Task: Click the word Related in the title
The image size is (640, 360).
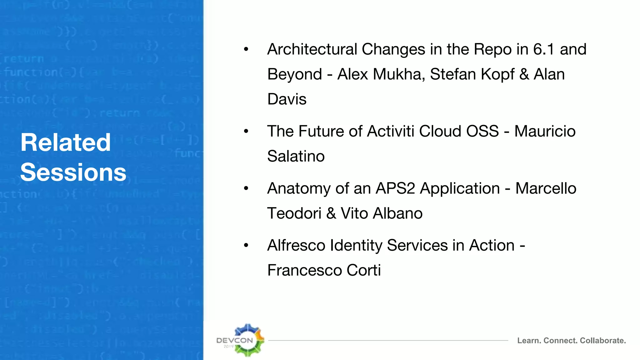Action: [x=66, y=142]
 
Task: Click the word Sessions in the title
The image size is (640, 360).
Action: [x=73, y=172]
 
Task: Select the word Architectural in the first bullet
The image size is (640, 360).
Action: [x=312, y=49]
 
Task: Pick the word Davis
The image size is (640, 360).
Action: [x=287, y=99]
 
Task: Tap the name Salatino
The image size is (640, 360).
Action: [x=296, y=156]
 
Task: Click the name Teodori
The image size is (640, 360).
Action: [x=294, y=213]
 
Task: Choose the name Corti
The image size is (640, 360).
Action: [x=363, y=270]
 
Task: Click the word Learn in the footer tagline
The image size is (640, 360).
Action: [x=529, y=341]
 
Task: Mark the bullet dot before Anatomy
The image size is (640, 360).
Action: [x=246, y=188]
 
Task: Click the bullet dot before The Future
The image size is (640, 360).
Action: [x=246, y=131]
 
